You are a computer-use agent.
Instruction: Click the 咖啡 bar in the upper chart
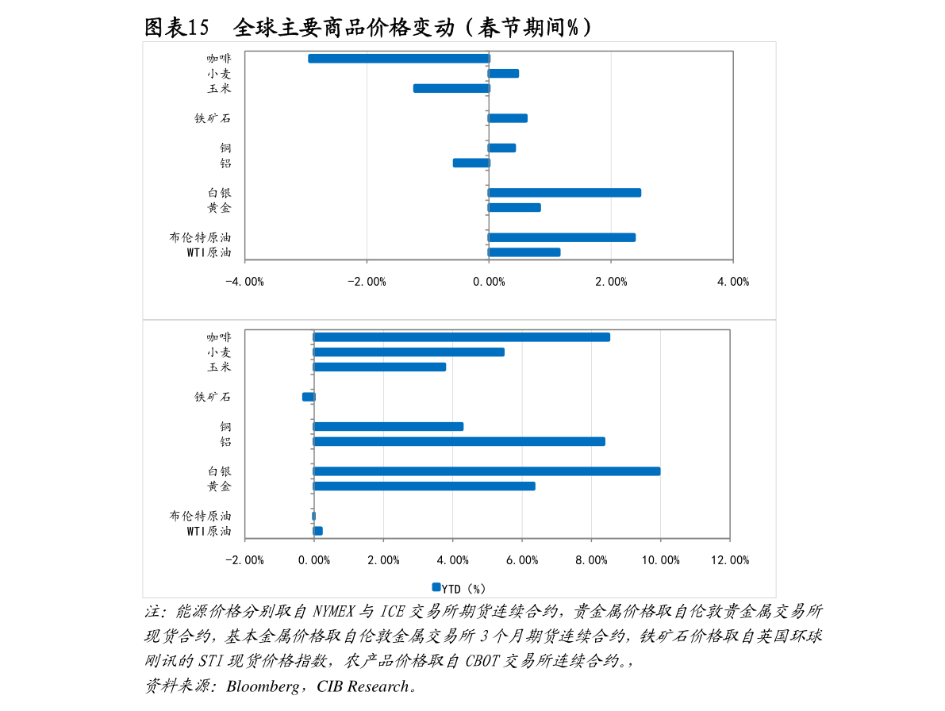coord(398,59)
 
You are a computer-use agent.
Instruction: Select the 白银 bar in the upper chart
coord(564,193)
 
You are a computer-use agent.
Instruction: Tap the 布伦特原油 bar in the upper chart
coord(562,237)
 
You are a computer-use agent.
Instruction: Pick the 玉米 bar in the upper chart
coord(451,88)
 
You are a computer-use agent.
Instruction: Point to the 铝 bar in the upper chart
coord(471,163)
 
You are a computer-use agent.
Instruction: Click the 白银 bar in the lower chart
coord(486,471)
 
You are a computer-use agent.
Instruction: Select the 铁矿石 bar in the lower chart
coord(309,397)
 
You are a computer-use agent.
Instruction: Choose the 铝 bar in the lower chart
coord(459,441)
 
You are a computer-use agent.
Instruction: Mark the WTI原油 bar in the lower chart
coord(318,531)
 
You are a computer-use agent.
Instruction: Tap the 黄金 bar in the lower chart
coord(424,486)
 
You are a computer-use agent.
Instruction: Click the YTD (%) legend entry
coord(459,589)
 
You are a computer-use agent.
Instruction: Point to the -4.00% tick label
coord(244,282)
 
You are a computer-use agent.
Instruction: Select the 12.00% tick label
coord(729,560)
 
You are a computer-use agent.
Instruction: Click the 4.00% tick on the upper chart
coord(732,282)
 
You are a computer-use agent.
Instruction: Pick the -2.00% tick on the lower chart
coord(244,560)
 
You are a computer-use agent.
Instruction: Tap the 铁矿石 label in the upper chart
coord(213,118)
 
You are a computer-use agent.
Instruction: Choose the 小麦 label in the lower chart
coord(219,352)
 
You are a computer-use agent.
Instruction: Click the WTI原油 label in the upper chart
coord(209,252)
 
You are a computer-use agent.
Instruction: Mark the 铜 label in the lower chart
coord(225,427)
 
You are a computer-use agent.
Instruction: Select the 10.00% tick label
coord(660,560)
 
